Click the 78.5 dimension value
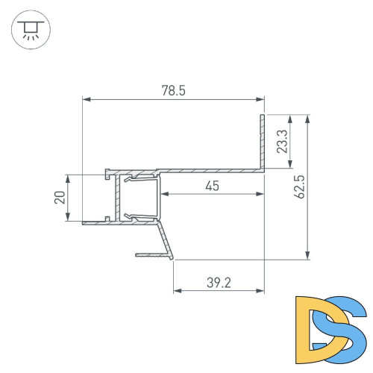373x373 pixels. pos(173,90)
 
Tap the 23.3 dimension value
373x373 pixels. pos(281,141)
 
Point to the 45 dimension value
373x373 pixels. pos(212,186)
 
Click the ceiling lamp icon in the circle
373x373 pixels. pos(30,30)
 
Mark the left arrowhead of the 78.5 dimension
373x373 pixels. pos(85,98)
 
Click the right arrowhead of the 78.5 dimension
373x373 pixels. pos(262,98)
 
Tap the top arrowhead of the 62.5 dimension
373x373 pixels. pos(307,117)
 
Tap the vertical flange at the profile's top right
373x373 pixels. pos(263,142)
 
